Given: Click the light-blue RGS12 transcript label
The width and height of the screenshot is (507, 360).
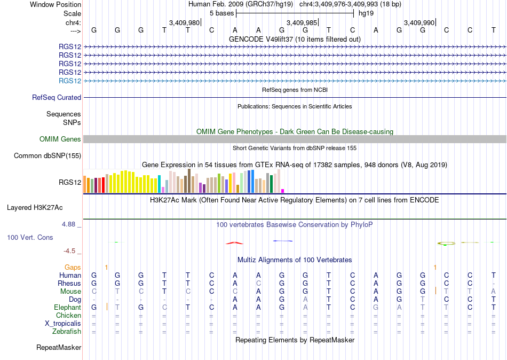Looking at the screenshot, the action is [x=70, y=81].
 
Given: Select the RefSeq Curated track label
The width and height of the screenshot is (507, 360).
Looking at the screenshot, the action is [x=57, y=97].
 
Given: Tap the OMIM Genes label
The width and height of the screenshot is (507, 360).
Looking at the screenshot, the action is [x=60, y=139].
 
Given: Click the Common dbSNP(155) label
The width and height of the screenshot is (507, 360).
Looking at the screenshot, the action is [x=47, y=156].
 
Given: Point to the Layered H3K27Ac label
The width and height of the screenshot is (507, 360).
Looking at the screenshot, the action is [x=35, y=208].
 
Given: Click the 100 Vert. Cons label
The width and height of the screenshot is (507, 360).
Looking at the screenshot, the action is [x=30, y=237].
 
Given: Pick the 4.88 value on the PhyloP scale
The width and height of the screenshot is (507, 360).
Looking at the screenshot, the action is [x=68, y=224].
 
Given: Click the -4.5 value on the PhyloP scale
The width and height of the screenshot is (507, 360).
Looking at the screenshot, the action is [x=69, y=251].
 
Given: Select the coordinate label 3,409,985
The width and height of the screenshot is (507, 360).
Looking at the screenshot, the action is [x=302, y=22].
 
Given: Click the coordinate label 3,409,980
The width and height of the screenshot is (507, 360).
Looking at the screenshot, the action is [x=184, y=22].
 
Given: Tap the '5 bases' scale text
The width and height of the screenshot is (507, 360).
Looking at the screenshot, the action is [x=222, y=13].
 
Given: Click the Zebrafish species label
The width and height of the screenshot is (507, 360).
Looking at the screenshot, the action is [x=67, y=332].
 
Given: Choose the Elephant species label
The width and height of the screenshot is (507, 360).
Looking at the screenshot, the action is [x=68, y=307].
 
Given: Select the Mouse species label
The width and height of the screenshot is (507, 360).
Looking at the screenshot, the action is [x=70, y=292].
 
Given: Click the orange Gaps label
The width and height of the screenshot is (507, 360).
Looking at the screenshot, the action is [x=73, y=267].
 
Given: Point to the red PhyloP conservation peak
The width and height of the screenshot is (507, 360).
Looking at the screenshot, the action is [x=234, y=243].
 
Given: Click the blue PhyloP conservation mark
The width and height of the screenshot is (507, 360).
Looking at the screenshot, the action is [x=283, y=241].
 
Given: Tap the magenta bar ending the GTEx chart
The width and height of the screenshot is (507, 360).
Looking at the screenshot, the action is [x=283, y=191].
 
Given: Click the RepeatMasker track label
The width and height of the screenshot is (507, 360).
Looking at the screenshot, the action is [x=59, y=347].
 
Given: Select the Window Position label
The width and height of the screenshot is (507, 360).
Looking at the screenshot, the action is [x=56, y=4].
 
